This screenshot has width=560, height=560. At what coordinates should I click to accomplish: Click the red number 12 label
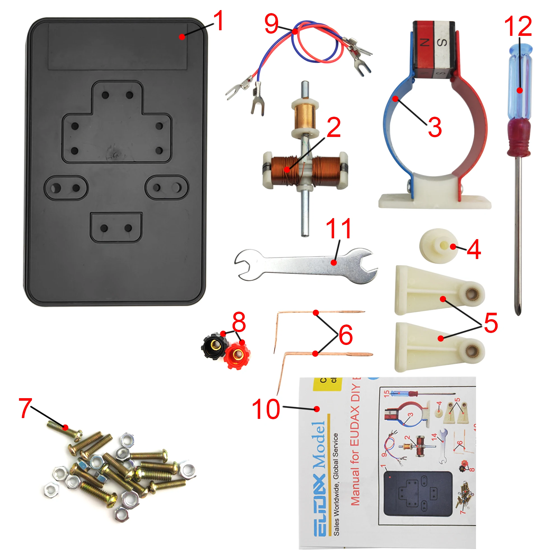point(518,26)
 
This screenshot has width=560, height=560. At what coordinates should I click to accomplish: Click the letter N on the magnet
point(425,43)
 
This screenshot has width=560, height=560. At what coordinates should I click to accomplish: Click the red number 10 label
point(266,409)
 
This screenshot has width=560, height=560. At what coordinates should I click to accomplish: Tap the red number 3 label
point(435,127)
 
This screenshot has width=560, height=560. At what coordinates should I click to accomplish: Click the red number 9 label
point(272,24)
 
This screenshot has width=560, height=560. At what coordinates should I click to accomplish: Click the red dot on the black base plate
point(182,37)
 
